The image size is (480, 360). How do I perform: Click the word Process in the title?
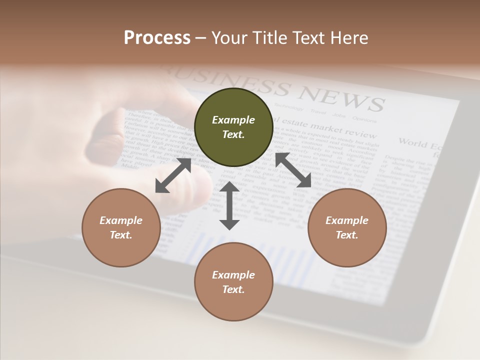[x=157, y=37]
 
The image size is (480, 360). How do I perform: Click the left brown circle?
[x=121, y=227]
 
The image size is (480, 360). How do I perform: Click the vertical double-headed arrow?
[x=229, y=205]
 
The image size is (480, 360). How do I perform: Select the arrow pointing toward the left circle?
[x=173, y=175]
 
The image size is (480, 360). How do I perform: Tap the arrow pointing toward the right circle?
[x=293, y=170]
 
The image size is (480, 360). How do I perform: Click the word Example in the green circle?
[x=233, y=120]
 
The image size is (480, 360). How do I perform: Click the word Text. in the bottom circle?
[x=233, y=289]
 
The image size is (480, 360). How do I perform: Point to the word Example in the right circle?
[x=347, y=220]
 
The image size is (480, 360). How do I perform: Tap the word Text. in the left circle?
[x=121, y=235]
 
